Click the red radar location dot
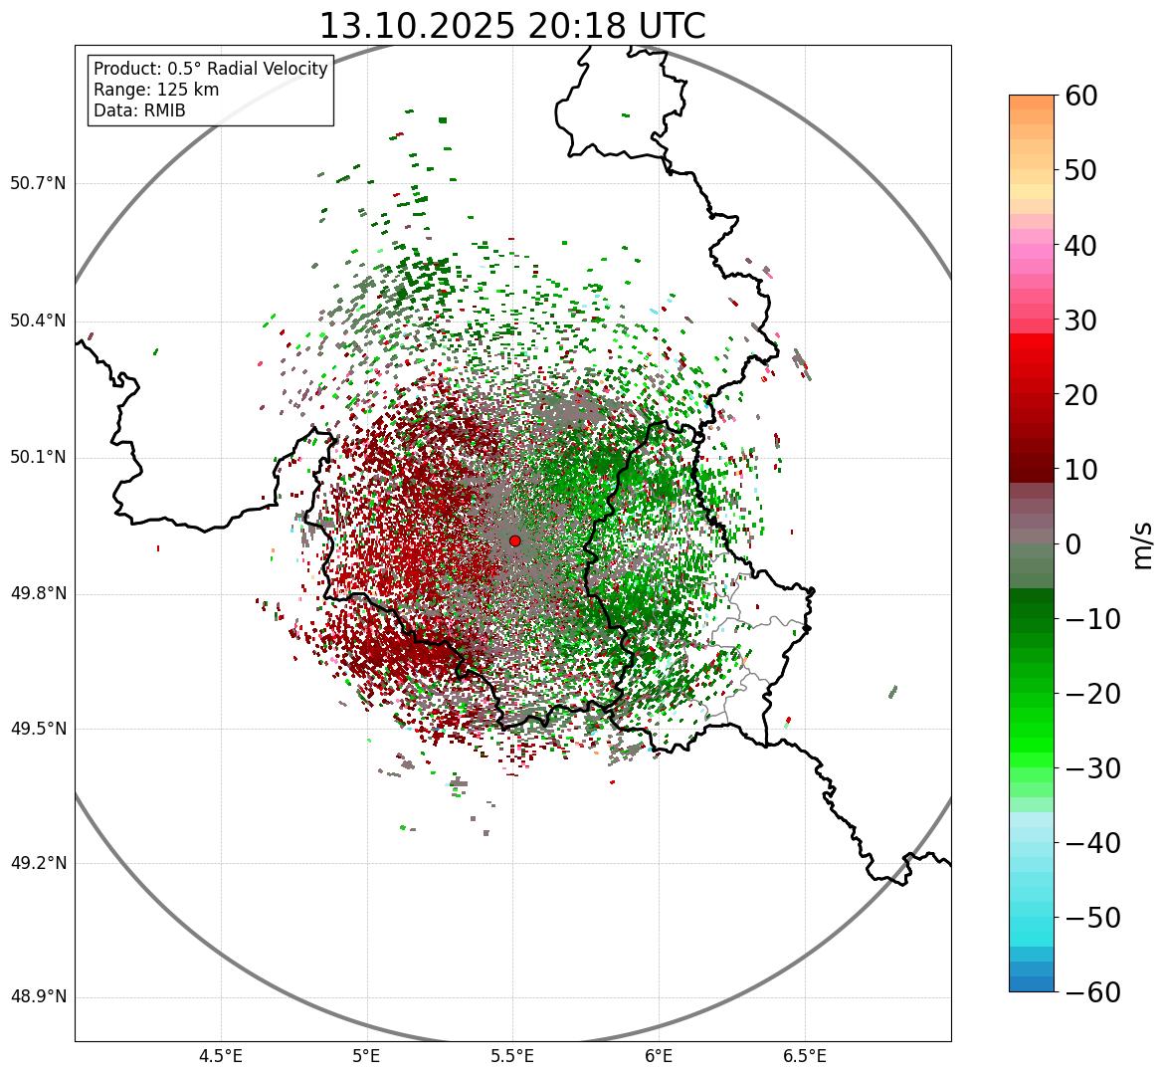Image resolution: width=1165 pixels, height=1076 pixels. tap(514, 540)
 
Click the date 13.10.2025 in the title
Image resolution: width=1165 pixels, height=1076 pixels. tap(417, 26)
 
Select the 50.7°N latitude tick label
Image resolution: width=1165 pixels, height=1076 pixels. tap(38, 183)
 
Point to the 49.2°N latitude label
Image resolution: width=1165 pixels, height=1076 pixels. tap(38, 863)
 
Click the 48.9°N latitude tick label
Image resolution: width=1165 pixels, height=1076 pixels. tap(38, 997)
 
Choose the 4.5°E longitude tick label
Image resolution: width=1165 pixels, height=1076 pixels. tap(221, 1055)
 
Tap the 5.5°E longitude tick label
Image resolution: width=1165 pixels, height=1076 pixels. tap(512, 1055)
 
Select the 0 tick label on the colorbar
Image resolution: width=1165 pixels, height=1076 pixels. tap(1073, 544)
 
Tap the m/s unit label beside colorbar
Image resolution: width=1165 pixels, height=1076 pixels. tap(1143, 543)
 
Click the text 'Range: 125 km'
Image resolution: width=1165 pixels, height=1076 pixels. tap(156, 90)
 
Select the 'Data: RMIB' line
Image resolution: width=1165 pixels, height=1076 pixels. tap(139, 110)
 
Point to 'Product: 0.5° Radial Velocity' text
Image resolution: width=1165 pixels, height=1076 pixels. tap(210, 69)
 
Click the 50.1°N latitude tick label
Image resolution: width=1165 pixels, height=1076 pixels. tap(38, 458)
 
